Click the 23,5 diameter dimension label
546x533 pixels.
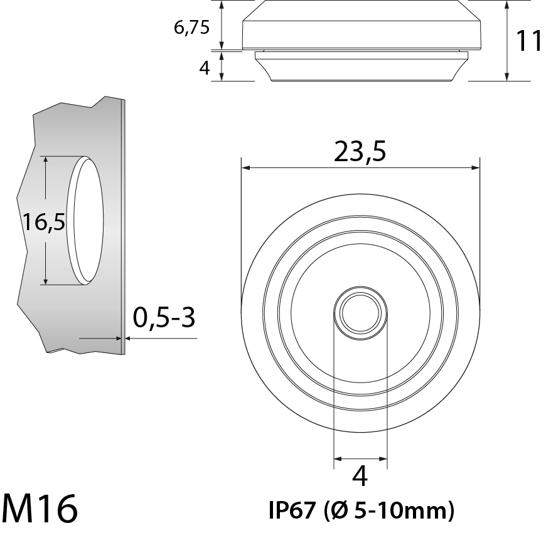[360, 152]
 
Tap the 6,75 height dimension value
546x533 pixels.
[191, 28]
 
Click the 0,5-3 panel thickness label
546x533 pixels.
[164, 319]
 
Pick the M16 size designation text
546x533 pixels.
[40, 509]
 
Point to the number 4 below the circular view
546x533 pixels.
[360, 477]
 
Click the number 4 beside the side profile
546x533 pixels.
[204, 68]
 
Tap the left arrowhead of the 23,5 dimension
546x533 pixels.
[245, 168]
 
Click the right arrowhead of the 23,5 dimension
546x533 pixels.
[476, 168]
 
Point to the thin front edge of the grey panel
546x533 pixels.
[123, 226]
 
